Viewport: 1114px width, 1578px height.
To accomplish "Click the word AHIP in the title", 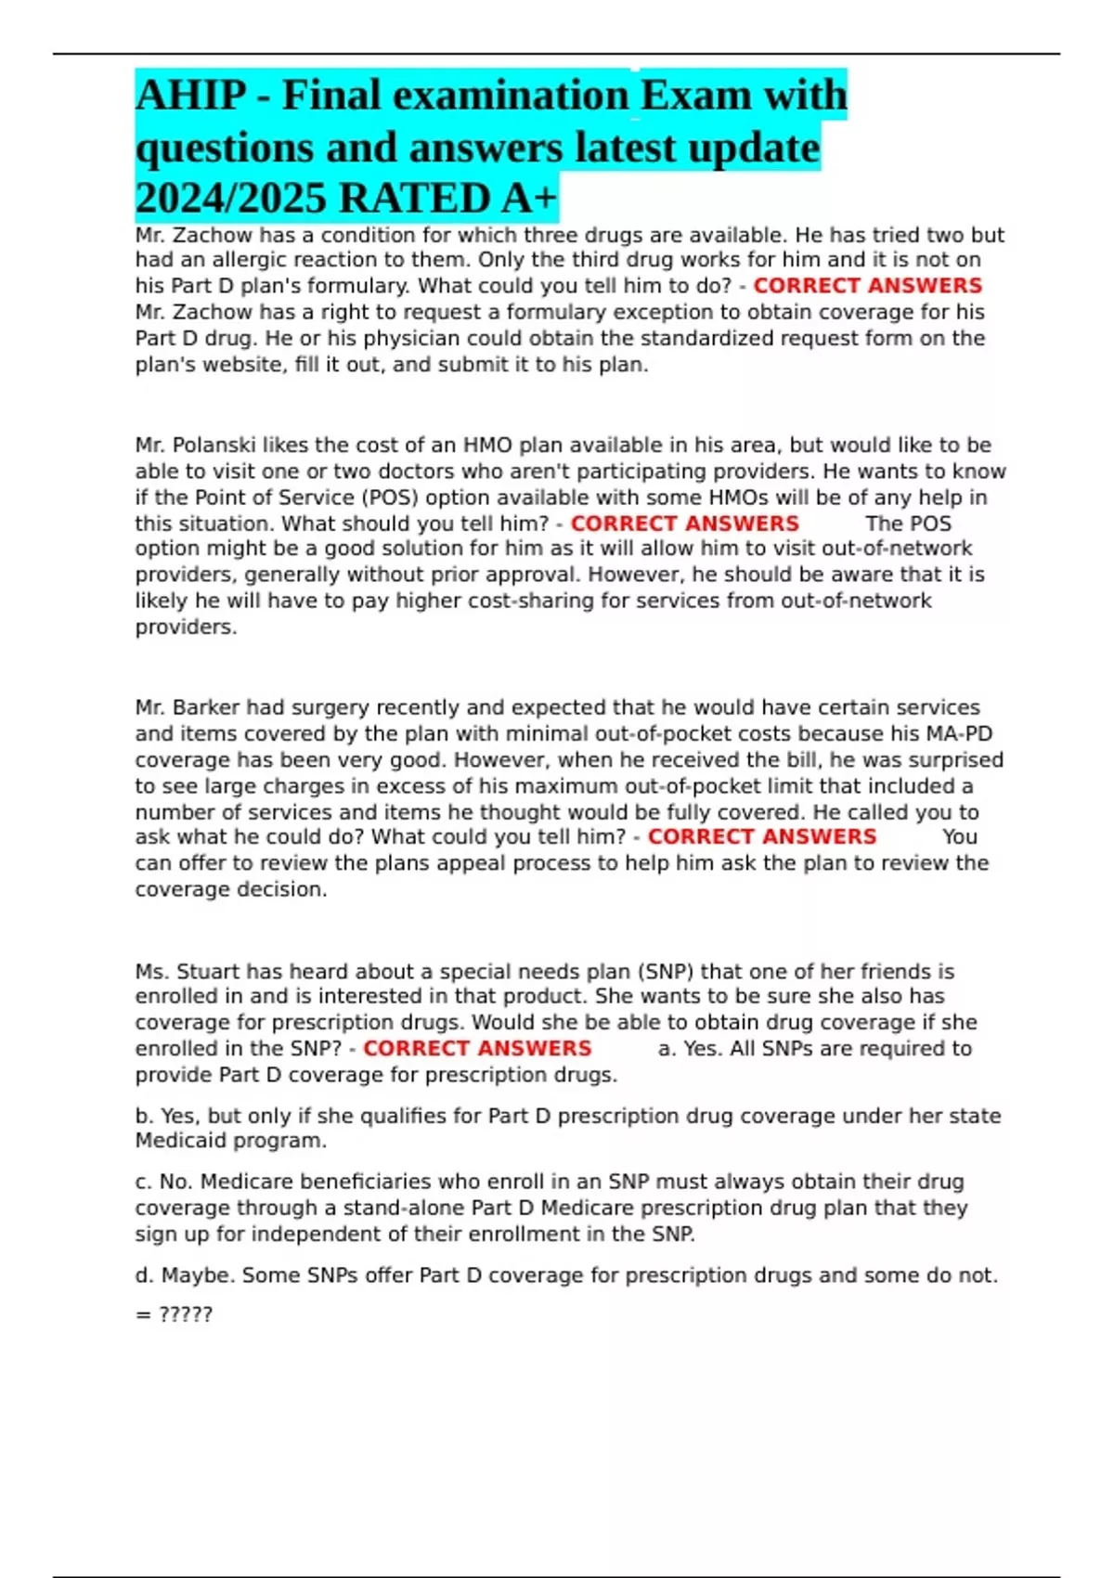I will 191,97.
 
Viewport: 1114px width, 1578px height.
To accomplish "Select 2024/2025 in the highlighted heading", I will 233,199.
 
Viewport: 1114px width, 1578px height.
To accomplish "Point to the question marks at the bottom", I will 186,1314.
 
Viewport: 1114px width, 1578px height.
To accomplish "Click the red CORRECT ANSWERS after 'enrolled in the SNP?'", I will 476,1049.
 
